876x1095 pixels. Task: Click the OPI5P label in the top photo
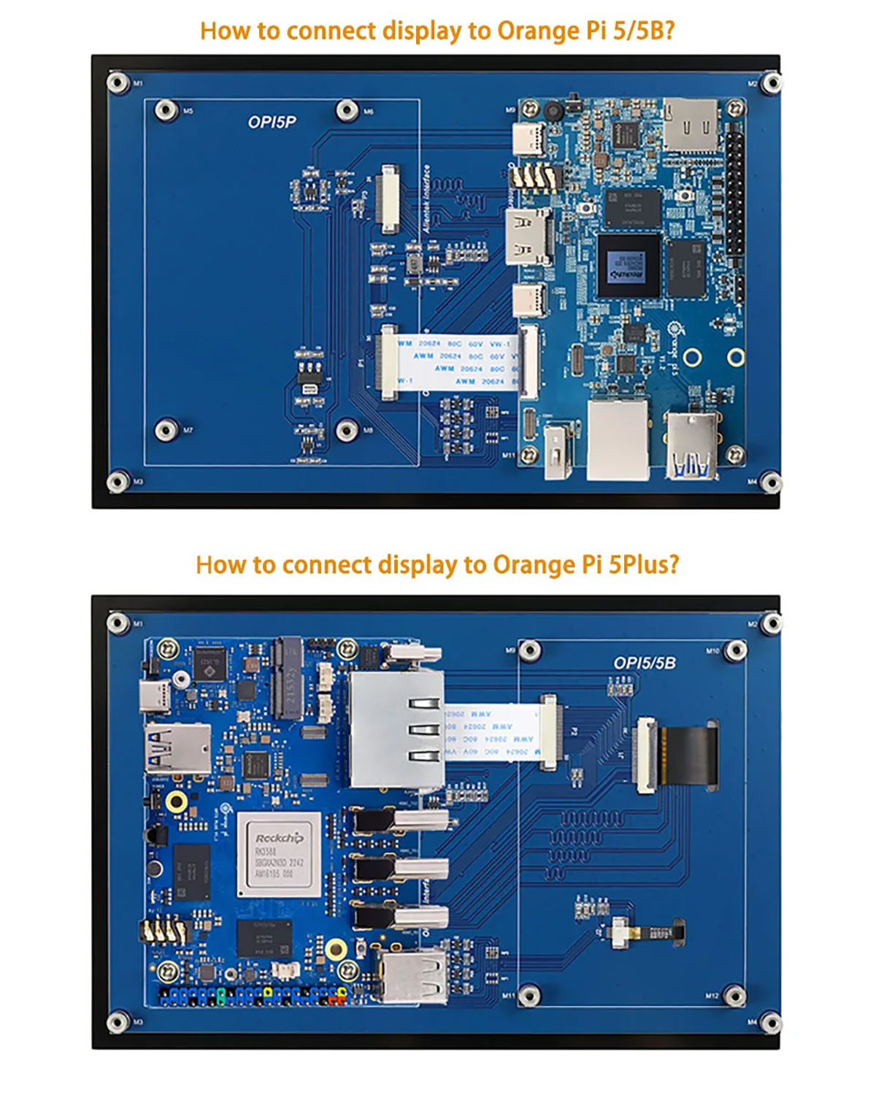tap(272, 122)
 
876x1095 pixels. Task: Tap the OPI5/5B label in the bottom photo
tap(644, 663)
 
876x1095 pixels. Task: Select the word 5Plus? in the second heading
tap(644, 564)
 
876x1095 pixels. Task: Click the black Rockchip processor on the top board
tap(628, 265)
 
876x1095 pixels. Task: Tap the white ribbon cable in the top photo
tap(456, 361)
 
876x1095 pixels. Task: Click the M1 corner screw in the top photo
tap(118, 82)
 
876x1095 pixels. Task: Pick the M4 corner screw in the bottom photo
tap(769, 1023)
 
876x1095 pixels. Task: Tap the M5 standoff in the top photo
tap(167, 111)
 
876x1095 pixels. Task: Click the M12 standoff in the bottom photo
tap(734, 995)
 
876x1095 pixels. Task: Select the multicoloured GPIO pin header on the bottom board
tap(252, 996)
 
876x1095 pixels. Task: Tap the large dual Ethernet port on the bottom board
tap(396, 730)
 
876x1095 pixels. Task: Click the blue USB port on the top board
tap(691, 447)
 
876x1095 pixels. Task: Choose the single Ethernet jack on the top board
tap(618, 439)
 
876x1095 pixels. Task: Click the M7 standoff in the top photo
tap(167, 429)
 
